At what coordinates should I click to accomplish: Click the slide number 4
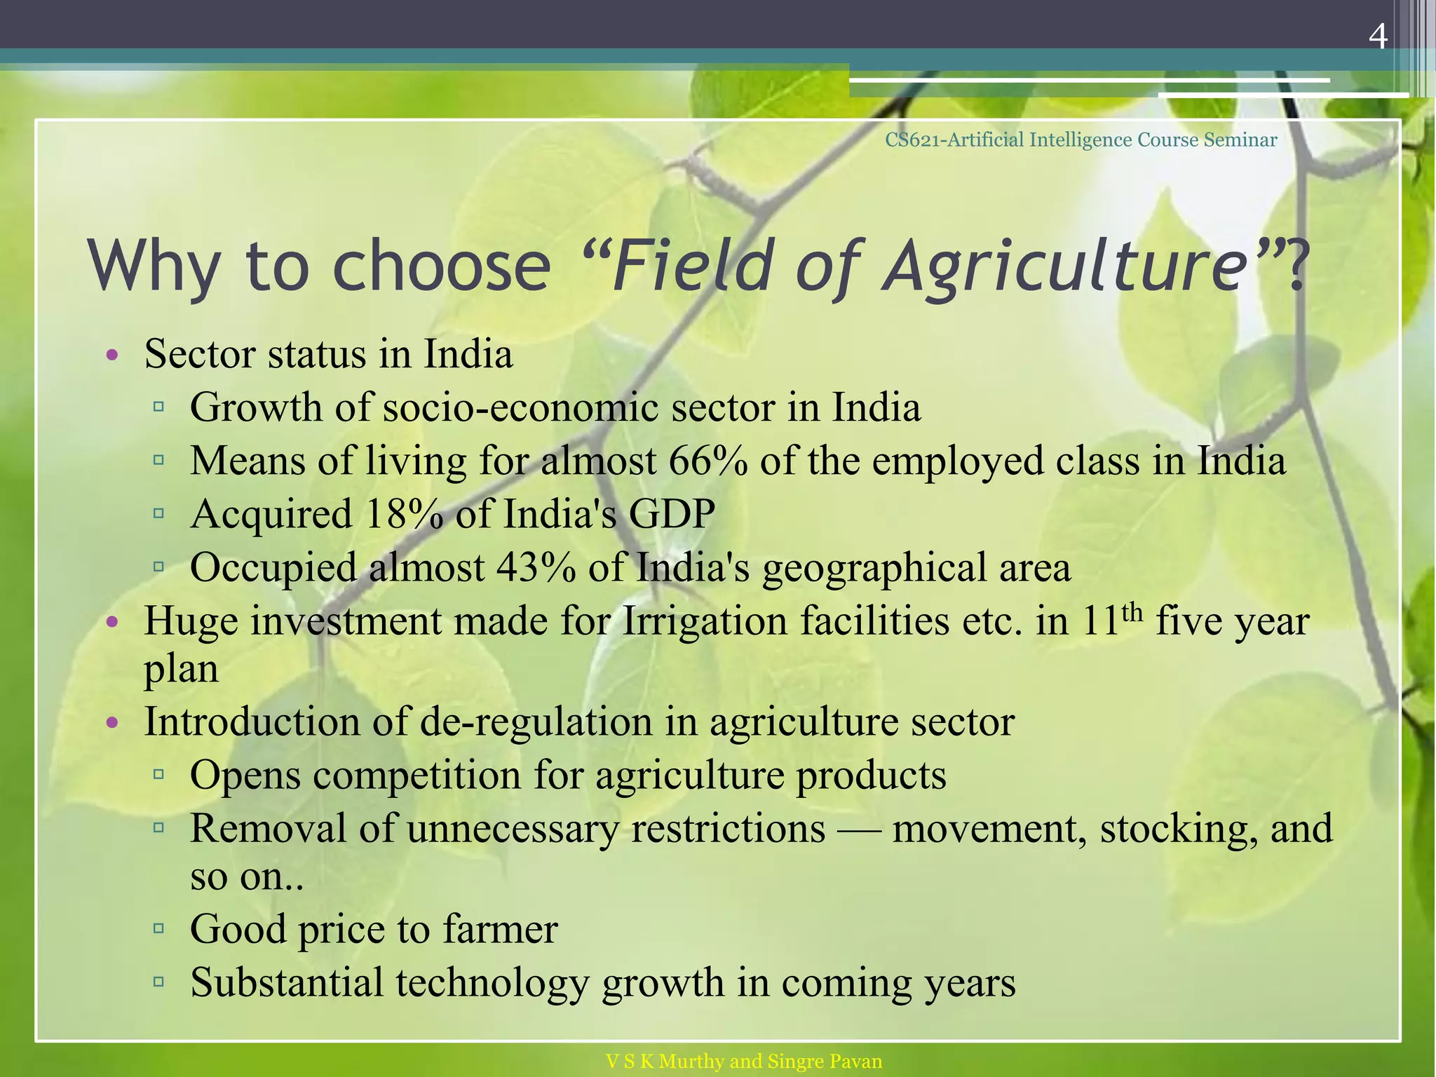point(1378,36)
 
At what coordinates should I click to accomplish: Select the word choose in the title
point(442,266)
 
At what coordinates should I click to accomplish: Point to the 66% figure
point(708,461)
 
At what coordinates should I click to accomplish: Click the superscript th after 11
point(1132,612)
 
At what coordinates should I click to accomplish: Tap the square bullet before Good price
point(158,928)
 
